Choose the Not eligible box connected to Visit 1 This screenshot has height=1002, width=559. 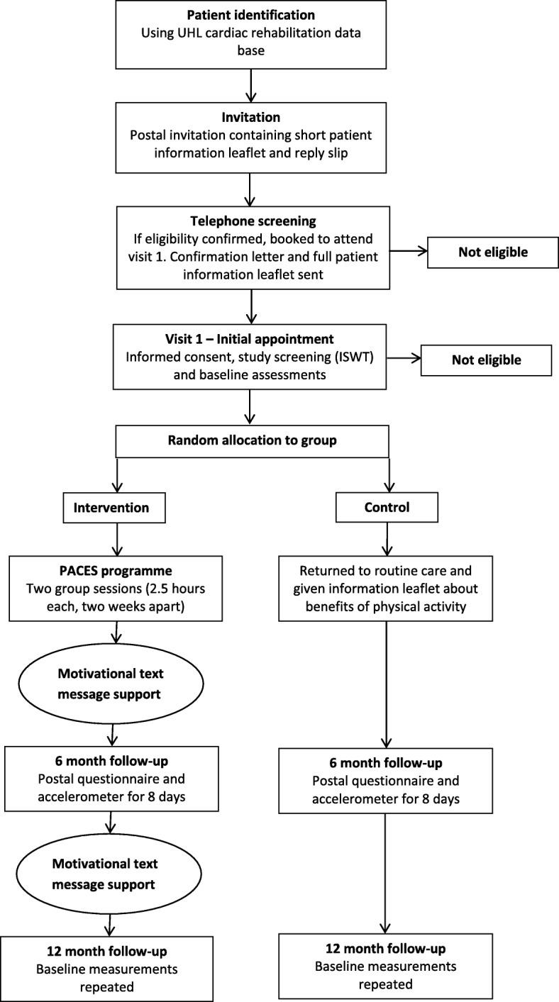pos(486,360)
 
